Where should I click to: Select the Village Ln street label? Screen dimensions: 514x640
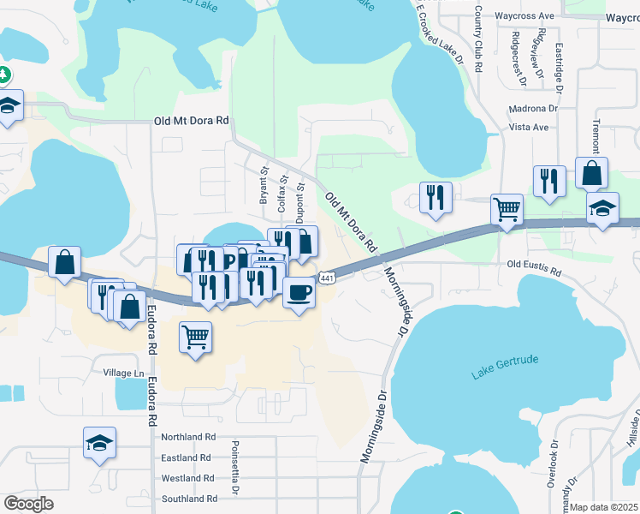124,374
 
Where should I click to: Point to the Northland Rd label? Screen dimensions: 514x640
188,437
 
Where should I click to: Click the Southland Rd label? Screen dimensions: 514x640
188,499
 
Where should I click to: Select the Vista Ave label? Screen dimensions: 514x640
528,127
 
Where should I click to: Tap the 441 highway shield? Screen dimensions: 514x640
328,278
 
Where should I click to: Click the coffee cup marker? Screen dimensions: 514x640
298,292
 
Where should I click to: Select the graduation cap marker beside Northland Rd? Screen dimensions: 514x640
99,444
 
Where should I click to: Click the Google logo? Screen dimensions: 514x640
28,504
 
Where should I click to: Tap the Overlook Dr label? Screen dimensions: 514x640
553,463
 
